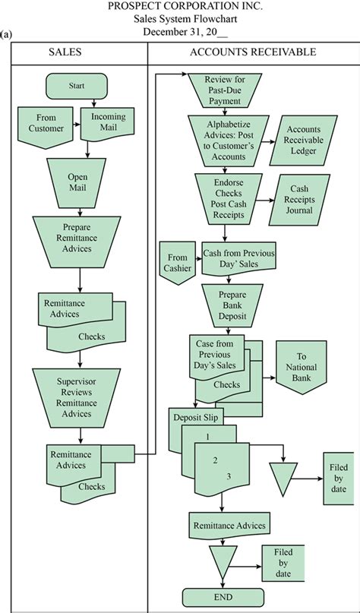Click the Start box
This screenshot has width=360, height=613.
tap(76, 86)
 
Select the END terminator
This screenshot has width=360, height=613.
tap(223, 597)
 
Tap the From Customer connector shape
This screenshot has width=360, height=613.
tap(46, 127)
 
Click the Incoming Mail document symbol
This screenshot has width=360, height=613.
tap(109, 123)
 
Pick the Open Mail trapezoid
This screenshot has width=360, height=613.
tap(77, 182)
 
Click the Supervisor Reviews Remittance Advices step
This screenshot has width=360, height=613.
tap(77, 397)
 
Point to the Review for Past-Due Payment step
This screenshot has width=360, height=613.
tap(225, 90)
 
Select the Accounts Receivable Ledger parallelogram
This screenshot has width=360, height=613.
tap(303, 140)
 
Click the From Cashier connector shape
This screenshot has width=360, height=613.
tap(178, 263)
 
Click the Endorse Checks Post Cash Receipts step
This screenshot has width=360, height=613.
tap(229, 198)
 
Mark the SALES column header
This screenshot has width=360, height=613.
tap(65, 52)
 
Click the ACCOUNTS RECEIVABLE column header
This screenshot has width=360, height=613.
tap(253, 52)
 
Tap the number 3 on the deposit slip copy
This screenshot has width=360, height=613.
tap(229, 476)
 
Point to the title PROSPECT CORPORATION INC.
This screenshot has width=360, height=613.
tap(185, 6)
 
